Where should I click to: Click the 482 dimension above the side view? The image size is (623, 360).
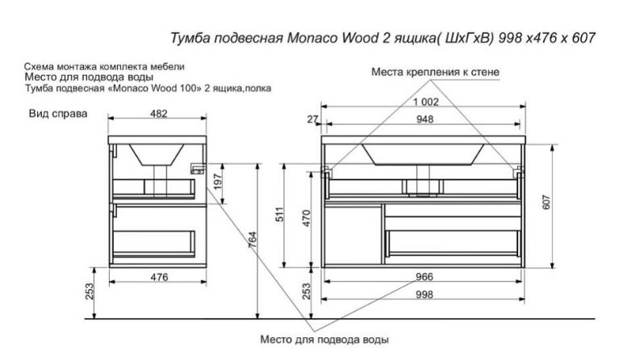[158, 114]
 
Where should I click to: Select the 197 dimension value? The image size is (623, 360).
[215, 182]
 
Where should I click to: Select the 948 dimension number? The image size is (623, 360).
[425, 119]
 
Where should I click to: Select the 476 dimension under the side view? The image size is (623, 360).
[158, 277]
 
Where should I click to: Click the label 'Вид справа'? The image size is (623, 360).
[58, 115]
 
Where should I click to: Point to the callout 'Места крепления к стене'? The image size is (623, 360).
[435, 72]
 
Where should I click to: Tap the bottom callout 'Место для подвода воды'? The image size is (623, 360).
[325, 339]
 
